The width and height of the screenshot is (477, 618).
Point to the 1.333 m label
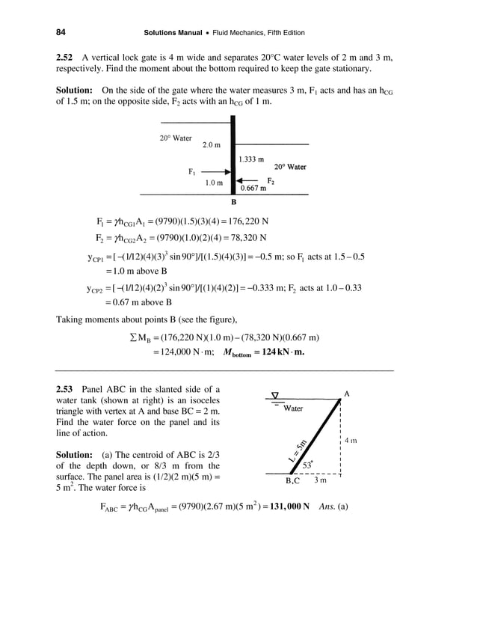251,159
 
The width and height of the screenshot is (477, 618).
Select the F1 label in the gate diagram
192,172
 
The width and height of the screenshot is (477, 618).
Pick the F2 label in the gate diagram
271,181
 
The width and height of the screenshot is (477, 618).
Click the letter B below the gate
233,202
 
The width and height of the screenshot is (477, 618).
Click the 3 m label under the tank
320,480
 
